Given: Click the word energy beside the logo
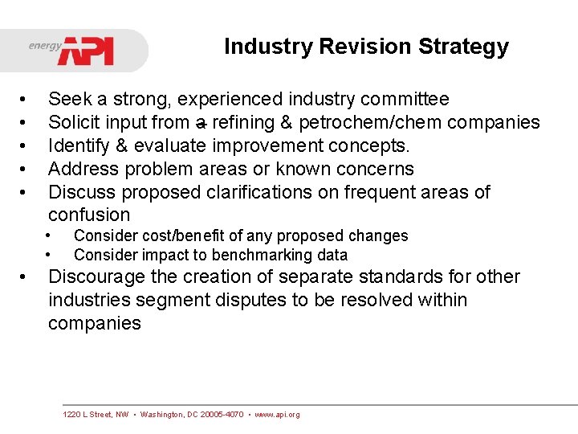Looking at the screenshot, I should coord(45,46).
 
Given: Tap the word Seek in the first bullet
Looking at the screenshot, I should coord(69,100).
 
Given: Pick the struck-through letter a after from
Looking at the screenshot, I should coord(201,123).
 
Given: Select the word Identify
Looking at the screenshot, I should coord(77,146).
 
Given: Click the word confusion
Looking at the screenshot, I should coord(88,215).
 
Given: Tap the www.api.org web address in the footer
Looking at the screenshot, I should coord(277,415).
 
